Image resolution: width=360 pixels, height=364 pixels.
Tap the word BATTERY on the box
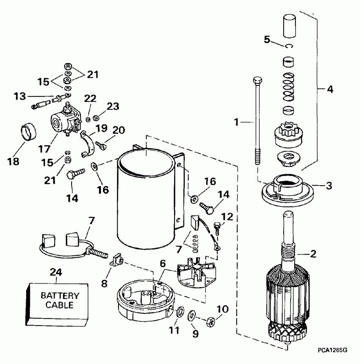coord(59,296)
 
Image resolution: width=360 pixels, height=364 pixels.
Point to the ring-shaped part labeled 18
coord(29,133)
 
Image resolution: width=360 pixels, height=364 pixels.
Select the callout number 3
coord(329,185)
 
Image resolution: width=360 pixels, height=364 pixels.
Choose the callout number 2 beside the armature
coord(313,254)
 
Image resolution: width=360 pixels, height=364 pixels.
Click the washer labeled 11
coord(179,313)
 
